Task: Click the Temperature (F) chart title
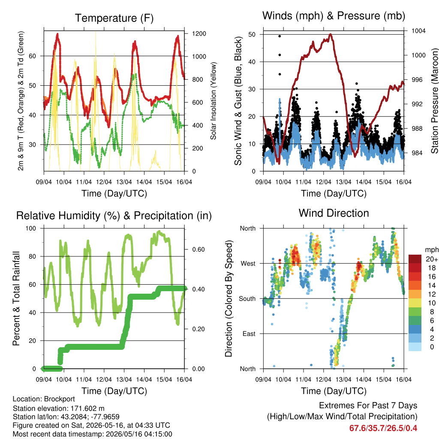[x=114, y=18]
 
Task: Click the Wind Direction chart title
[x=334, y=213]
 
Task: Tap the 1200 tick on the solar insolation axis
[x=199, y=33]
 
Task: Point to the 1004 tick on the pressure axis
[x=418, y=31]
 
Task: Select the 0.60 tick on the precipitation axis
[x=198, y=250]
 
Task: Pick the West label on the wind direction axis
[x=248, y=264]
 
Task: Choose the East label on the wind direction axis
[x=249, y=334]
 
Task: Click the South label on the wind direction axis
[x=247, y=299]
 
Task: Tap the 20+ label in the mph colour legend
[x=432, y=259]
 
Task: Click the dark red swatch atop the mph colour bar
[x=415, y=259]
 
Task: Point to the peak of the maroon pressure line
[x=331, y=34]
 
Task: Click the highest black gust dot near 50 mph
[x=280, y=36]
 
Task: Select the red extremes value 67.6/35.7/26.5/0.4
[x=383, y=428]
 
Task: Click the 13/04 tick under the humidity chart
[x=124, y=379]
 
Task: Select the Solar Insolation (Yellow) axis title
[x=213, y=101]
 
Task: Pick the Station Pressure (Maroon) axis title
[x=435, y=101]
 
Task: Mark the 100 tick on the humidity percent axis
[x=31, y=228]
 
